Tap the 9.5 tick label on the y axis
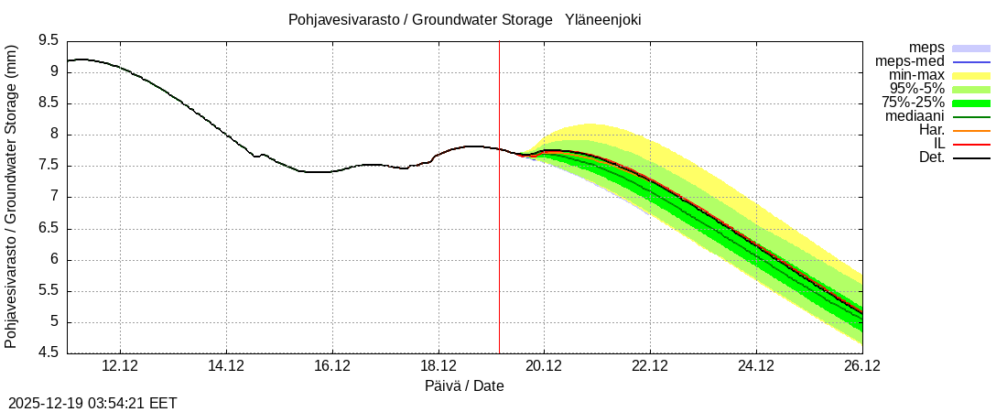coord(49,40)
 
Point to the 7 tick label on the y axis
coord(54,197)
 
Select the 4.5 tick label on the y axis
coord(49,353)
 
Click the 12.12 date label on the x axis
coord(120,366)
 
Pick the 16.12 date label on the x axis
coord(331,366)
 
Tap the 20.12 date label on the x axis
coord(543,366)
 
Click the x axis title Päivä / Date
coord(464,385)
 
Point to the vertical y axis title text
coord(11,197)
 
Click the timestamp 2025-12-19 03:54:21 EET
coord(92,403)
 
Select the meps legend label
coord(926,48)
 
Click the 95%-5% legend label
coord(917,89)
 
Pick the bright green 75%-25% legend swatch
coord(971,103)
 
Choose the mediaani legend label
coord(915,116)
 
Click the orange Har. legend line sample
coord(971,131)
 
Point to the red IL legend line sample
coord(971,145)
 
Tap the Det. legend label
coord(931,157)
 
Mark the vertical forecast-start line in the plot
coord(499,229)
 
